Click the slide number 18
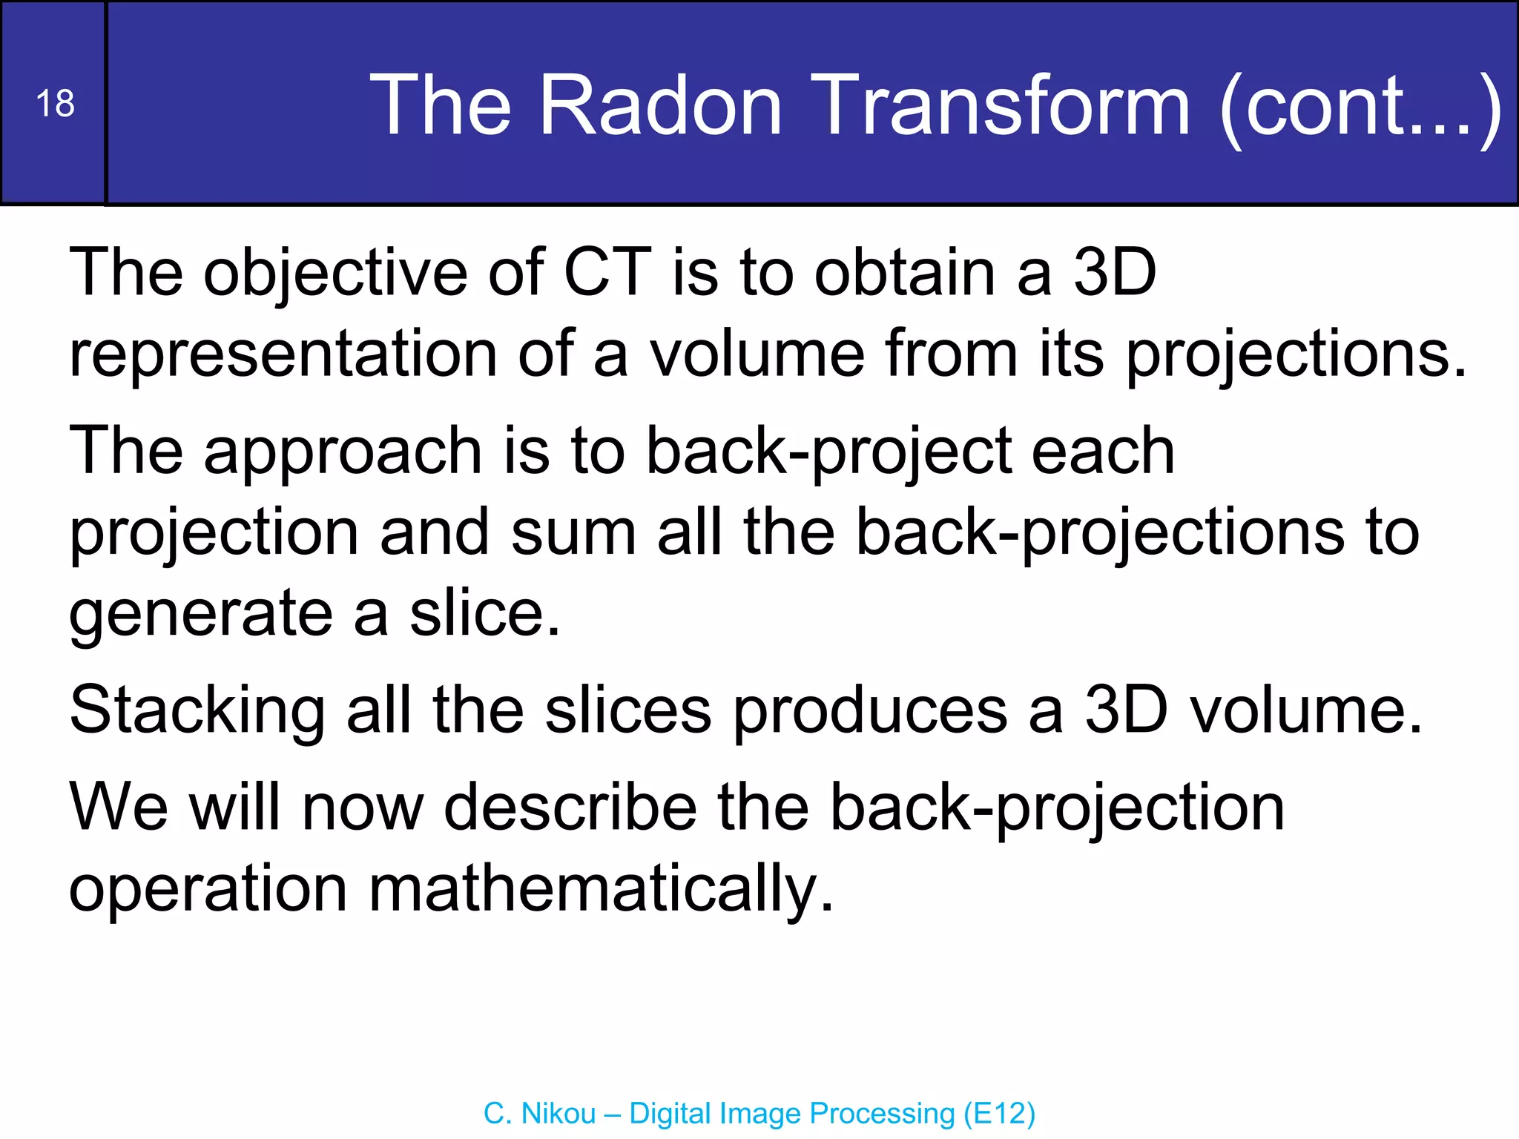point(55,103)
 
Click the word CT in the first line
point(607,273)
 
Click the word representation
point(283,354)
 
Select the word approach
point(343,453)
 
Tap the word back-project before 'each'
point(828,452)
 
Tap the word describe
point(570,808)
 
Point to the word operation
point(208,891)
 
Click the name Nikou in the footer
point(558,1114)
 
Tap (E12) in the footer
point(999,1114)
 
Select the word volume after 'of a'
point(757,354)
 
